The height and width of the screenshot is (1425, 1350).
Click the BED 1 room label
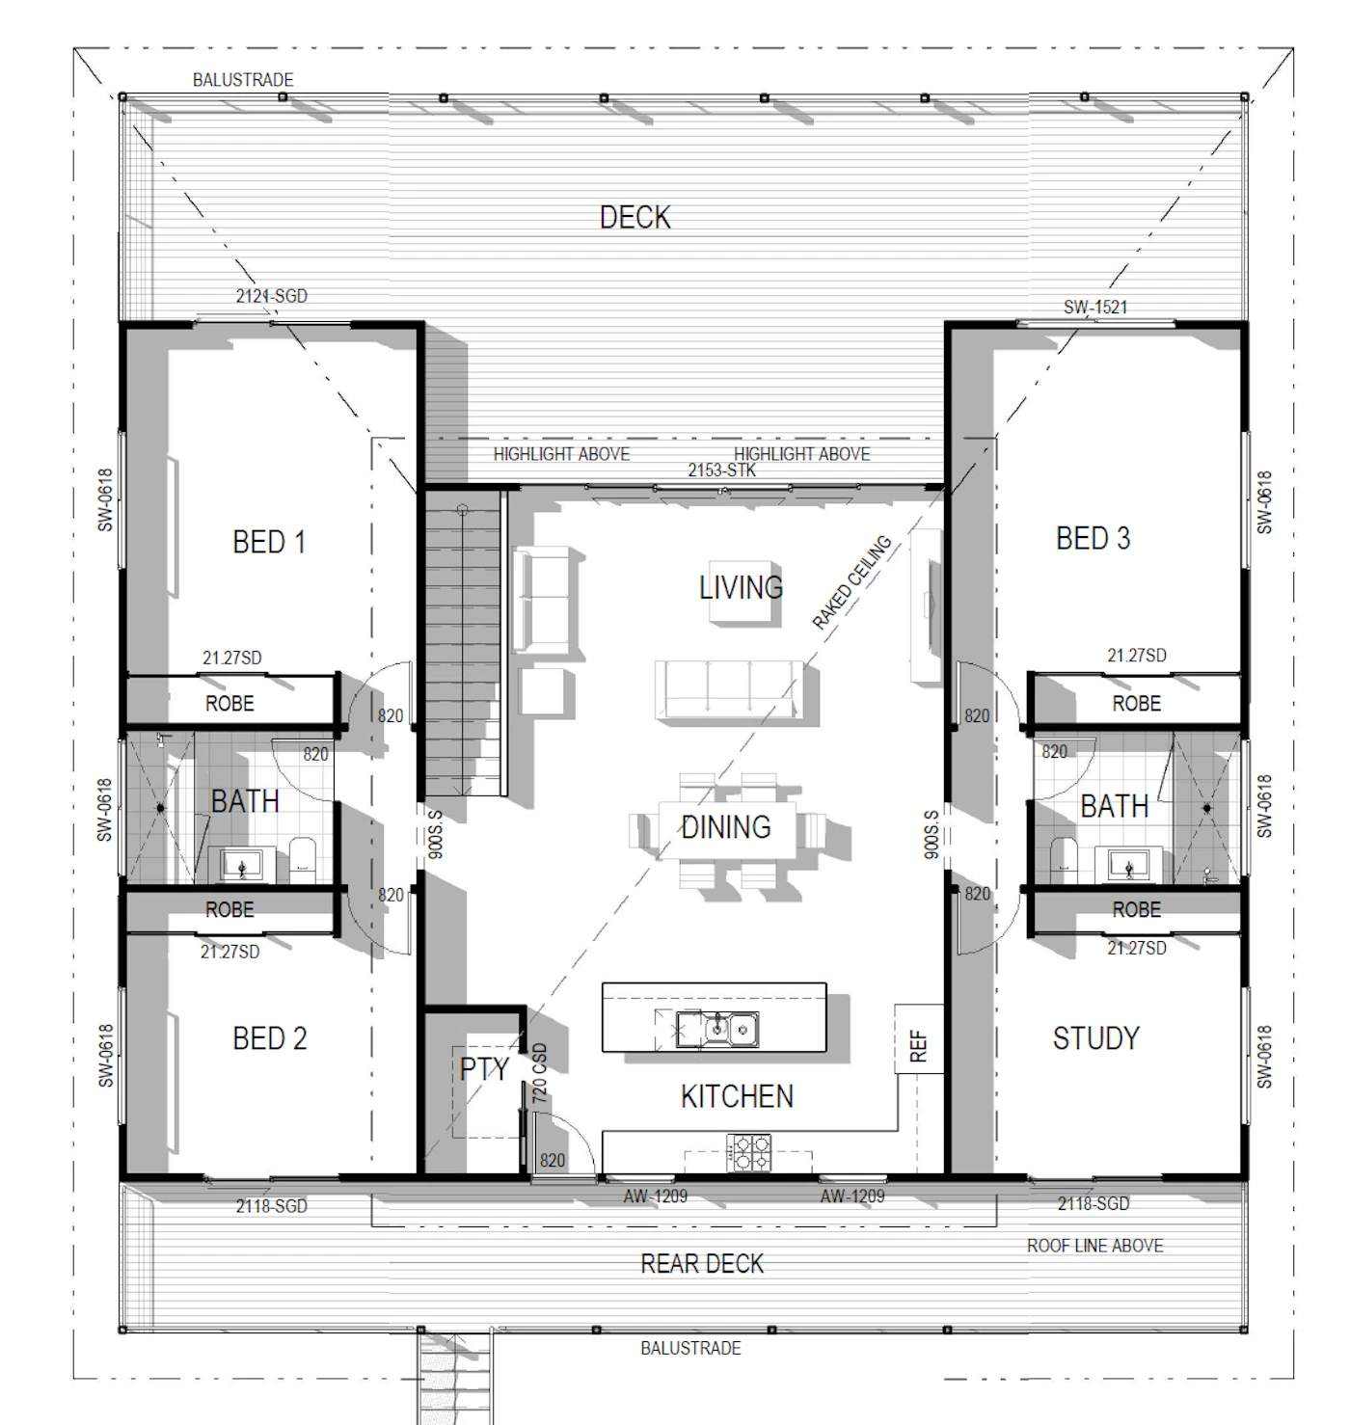(x=269, y=542)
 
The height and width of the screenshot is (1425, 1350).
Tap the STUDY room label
(x=1095, y=1038)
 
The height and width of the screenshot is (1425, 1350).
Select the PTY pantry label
(x=484, y=1069)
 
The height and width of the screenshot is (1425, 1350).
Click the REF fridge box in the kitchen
(x=919, y=1038)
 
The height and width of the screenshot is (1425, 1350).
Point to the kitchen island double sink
(x=717, y=1030)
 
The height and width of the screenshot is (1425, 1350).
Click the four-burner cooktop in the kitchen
(x=749, y=1152)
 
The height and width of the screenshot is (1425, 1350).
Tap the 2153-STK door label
(x=721, y=471)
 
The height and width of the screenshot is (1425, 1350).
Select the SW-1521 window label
(x=1095, y=308)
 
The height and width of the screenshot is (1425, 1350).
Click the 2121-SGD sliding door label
(x=271, y=296)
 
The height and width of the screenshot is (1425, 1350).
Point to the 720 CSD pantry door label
(x=539, y=1073)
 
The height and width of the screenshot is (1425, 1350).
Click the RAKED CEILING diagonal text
(x=851, y=582)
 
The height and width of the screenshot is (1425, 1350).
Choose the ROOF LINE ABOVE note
(x=1094, y=1246)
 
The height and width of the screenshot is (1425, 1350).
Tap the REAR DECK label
(x=702, y=1264)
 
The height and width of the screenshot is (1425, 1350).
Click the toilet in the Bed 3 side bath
(x=1064, y=859)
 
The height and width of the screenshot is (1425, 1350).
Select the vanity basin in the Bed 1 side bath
(x=241, y=864)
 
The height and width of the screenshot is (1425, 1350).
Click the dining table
(x=726, y=828)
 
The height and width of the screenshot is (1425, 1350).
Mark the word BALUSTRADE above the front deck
(x=243, y=80)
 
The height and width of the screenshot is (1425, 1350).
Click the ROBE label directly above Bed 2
(x=229, y=909)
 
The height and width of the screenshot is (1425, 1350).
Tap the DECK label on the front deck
(x=635, y=218)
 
